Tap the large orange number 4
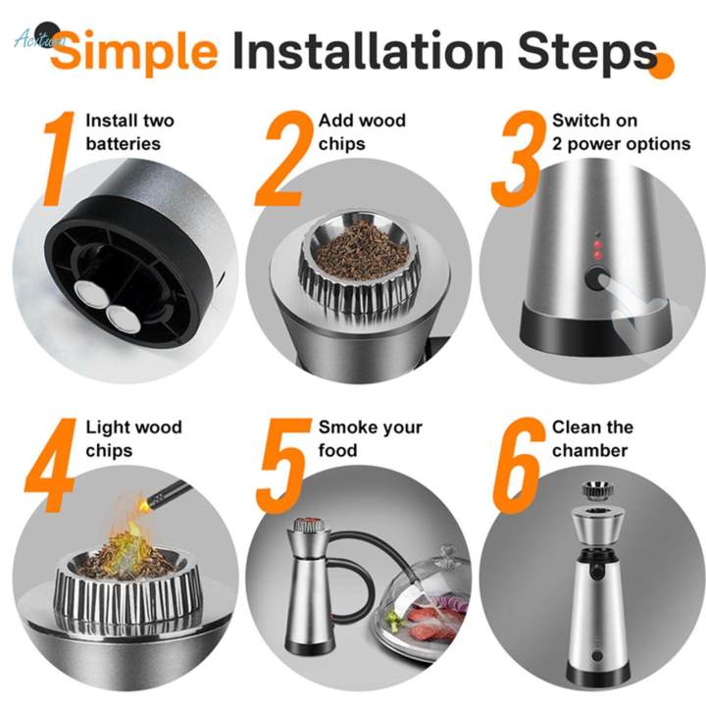[x=54, y=468]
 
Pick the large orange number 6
[x=518, y=468]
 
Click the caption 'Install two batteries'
[x=129, y=132]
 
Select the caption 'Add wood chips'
[x=361, y=132]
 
